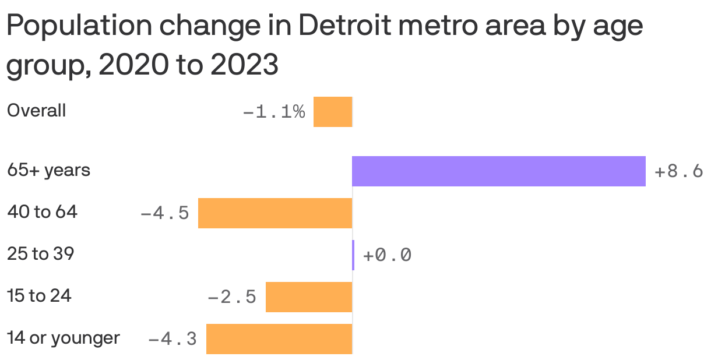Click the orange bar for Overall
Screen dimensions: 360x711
pos(333,112)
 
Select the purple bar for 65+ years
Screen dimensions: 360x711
pos(498,171)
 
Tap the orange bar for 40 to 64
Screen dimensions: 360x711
pos(275,213)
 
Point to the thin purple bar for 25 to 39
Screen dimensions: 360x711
pos(353,255)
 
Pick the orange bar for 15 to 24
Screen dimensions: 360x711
pos(309,297)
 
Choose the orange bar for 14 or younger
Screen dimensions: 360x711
pos(279,339)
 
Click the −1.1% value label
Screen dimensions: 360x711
pos(273,112)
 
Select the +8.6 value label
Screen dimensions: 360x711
pos(678,172)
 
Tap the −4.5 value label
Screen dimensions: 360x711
pos(165,214)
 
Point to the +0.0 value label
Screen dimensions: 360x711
pos(387,256)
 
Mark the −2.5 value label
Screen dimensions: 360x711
pos(232,298)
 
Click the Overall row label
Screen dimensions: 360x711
pos(36,111)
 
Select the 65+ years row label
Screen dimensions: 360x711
pos(48,171)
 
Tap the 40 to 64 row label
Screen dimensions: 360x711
pos(42,213)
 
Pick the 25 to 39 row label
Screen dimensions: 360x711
pos(40,254)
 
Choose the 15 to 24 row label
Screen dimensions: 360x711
pos(39,296)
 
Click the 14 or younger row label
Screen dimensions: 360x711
pos(63,338)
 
